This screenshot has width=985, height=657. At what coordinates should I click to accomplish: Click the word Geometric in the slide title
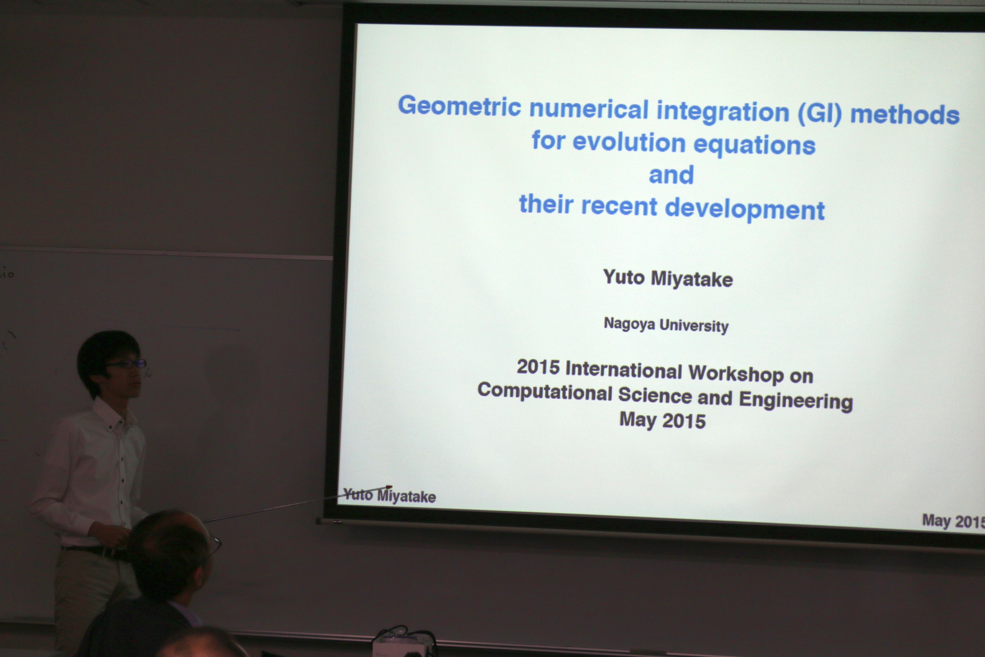coord(459,106)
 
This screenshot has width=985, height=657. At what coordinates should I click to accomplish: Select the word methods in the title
coord(905,114)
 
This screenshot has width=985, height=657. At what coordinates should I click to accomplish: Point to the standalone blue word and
coord(671,175)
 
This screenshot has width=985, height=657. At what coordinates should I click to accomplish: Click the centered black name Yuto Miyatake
coord(668,278)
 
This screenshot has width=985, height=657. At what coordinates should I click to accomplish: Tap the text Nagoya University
coord(666,325)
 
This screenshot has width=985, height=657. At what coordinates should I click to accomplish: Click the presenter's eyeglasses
coord(126,364)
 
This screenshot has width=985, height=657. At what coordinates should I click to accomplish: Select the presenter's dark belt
coord(94,551)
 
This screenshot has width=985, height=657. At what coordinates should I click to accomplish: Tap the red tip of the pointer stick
coord(389,487)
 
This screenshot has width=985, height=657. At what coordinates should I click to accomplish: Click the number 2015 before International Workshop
coord(538,367)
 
